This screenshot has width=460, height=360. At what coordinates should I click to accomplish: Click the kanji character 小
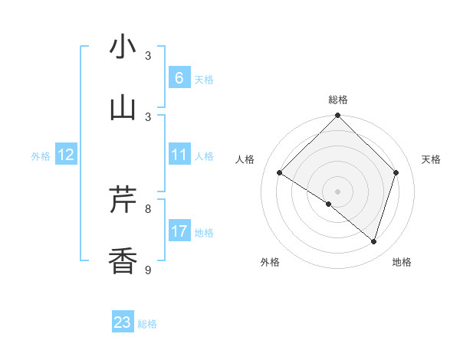123,47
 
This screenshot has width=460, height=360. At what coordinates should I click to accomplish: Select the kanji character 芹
123,201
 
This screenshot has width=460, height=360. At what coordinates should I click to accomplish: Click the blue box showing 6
179,78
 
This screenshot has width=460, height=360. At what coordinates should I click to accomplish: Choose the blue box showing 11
179,155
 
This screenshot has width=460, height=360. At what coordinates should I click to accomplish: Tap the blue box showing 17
179,231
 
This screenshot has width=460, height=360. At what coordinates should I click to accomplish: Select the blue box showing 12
66,155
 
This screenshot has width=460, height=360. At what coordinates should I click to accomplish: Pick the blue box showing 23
123,322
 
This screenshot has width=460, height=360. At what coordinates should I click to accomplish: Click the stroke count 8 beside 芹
148,208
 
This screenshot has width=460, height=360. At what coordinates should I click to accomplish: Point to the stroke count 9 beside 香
148,270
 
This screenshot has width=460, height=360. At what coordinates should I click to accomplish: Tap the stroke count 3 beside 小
148,55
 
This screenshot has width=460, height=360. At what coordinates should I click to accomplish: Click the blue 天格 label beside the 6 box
204,79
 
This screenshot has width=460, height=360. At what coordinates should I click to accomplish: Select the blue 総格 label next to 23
147,324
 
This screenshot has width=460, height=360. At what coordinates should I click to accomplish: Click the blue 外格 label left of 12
41,156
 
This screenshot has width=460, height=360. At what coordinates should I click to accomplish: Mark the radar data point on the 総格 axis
337,116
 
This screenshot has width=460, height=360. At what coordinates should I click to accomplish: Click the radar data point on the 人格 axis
280,173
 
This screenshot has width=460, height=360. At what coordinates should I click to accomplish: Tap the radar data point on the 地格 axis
373,241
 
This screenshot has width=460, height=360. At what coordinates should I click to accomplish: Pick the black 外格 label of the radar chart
270,262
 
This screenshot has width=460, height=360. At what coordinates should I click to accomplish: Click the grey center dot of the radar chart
337,191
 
